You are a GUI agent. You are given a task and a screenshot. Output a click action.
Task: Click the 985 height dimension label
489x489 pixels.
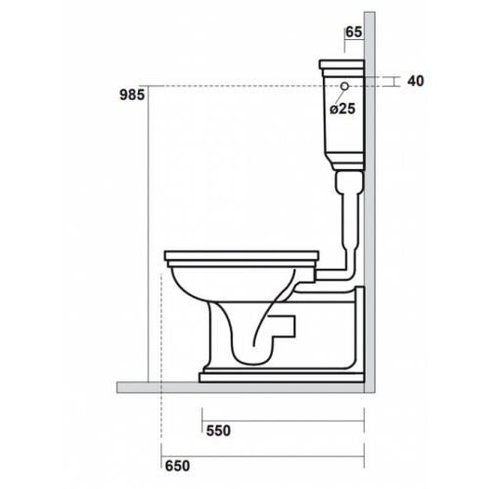pos(130,95)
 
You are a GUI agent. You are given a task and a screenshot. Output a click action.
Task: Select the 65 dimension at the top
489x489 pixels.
pos(352,32)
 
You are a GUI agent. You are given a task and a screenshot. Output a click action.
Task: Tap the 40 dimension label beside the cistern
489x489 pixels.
pos(416,82)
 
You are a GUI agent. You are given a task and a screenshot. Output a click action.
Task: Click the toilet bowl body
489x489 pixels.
pos(210,293)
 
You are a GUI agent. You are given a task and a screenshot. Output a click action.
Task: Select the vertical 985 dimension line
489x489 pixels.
pos(147,235)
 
